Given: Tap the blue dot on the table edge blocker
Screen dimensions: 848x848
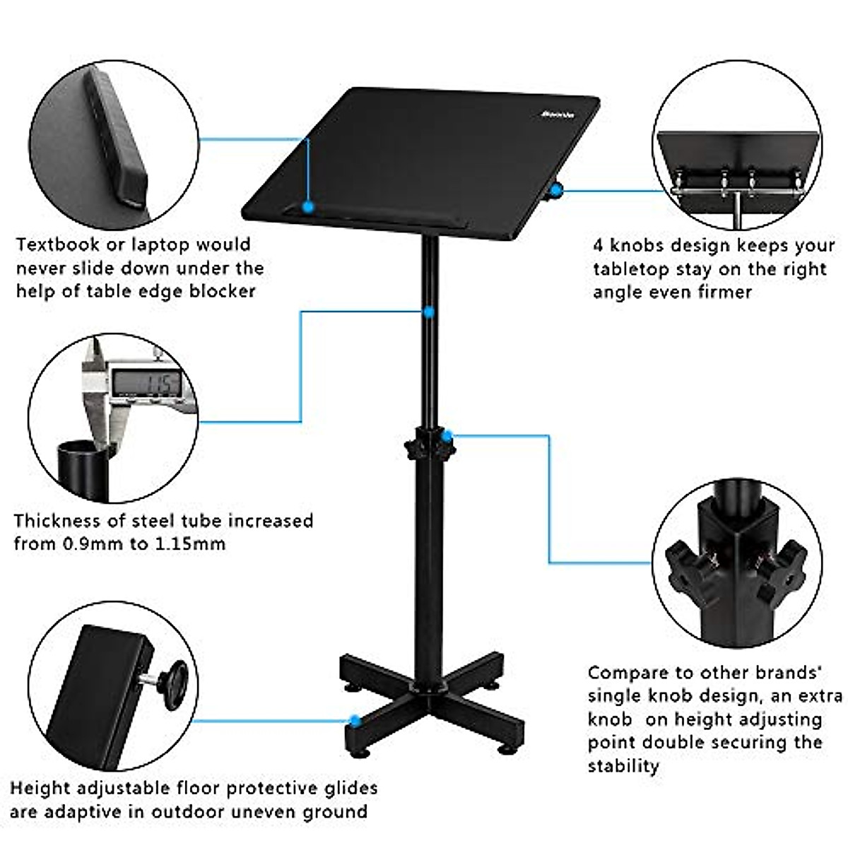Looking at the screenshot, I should (x=308, y=207).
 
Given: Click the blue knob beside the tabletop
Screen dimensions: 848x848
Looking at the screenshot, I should (x=557, y=189).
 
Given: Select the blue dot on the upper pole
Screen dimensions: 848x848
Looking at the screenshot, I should (x=428, y=311).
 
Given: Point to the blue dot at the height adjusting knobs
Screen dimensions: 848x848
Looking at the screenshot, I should (x=447, y=436).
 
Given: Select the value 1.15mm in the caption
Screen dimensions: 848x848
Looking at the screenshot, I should (x=190, y=543).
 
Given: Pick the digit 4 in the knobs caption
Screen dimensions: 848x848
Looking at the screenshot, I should (x=598, y=246).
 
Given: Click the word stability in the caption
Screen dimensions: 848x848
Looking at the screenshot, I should (x=623, y=766).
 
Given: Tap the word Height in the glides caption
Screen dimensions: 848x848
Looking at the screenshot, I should (x=40, y=787).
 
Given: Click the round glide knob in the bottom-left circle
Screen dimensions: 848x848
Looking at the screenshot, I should (x=172, y=682).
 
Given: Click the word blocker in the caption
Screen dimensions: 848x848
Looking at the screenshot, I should (x=223, y=290).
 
